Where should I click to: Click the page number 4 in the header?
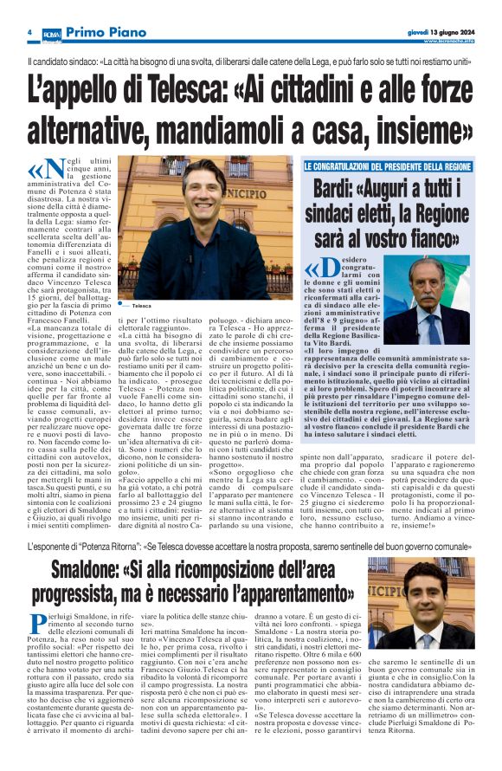click(29, 32)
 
